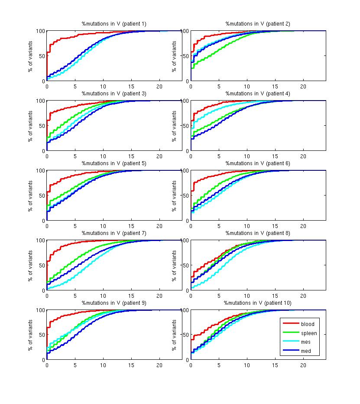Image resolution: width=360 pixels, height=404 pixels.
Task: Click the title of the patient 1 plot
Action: (114, 23)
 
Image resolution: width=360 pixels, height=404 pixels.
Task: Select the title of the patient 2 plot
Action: (258, 23)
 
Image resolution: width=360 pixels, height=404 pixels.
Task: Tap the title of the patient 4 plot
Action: (258, 93)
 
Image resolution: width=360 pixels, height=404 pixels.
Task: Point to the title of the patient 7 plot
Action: (114, 233)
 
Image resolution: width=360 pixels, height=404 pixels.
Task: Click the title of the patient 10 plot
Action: (258, 303)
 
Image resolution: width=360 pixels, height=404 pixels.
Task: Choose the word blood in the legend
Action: (308, 324)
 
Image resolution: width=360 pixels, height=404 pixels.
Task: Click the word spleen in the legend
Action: (309, 333)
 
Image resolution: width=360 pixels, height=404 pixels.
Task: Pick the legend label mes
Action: (306, 342)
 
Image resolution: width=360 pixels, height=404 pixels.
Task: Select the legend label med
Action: (306, 351)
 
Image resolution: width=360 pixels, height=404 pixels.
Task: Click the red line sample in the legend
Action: (291, 324)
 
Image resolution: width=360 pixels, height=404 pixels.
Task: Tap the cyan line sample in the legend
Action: (291, 342)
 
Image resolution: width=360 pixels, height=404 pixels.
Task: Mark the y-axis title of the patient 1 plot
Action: (31, 56)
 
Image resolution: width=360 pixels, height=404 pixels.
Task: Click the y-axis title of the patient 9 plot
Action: (31, 335)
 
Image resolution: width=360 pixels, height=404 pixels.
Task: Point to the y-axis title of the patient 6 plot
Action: (175, 195)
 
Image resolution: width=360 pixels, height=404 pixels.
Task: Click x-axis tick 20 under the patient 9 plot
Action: (159, 365)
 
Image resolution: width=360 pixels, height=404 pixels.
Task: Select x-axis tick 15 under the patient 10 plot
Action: (275, 365)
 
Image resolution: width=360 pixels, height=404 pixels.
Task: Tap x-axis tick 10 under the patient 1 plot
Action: (103, 86)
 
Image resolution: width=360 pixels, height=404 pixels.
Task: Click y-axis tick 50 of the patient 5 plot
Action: (42, 195)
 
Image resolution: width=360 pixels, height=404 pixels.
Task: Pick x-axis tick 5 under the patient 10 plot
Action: (219, 365)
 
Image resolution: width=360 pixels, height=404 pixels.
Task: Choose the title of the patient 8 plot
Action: (258, 233)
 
